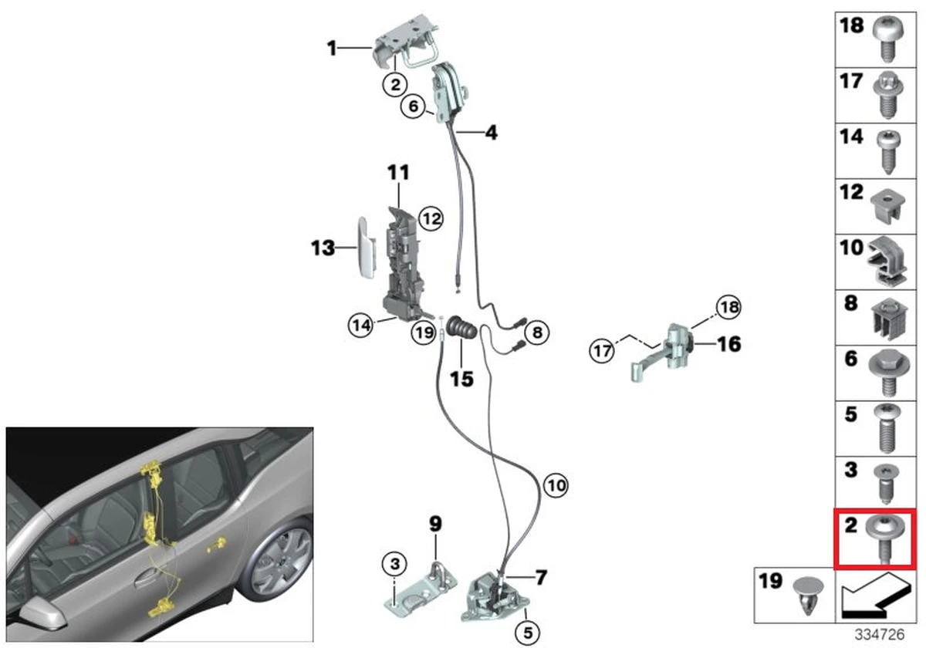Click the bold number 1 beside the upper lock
[x=331, y=49]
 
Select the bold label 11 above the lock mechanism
[x=398, y=173]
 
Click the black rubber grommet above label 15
[x=463, y=329]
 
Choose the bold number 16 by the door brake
[x=728, y=343]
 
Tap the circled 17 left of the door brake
[x=603, y=350]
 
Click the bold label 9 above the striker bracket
[x=435, y=525]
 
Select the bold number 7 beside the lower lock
[x=541, y=576]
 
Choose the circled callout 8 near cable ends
[x=536, y=332]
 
